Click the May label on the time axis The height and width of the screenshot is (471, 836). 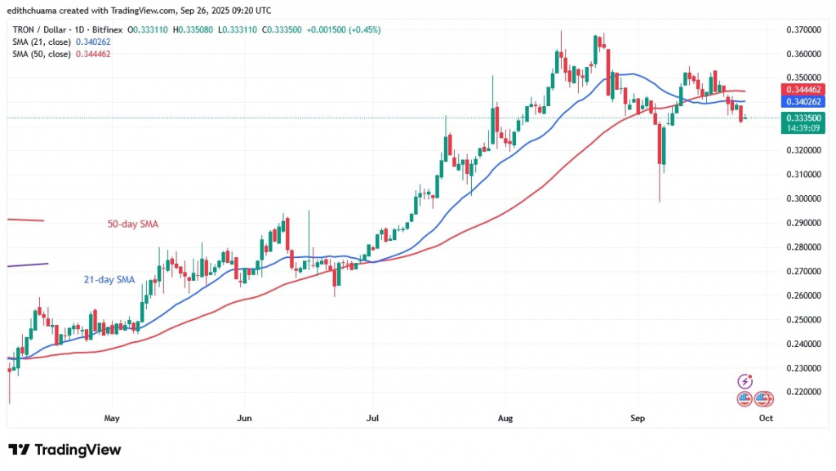(112, 418)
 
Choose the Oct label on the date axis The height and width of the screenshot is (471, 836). (766, 418)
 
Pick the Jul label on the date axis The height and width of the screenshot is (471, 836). (373, 418)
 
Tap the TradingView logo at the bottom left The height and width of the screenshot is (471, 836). (64, 450)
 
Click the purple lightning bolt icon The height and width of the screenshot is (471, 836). (745, 381)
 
